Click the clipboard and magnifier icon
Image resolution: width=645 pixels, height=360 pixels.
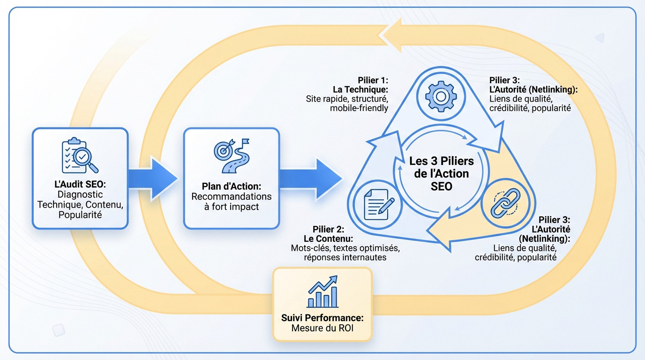pyautogui.click(x=80, y=155)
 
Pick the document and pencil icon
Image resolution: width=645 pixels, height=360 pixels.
pyautogui.click(x=378, y=204)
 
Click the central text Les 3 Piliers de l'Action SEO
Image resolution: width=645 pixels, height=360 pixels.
pyautogui.click(x=442, y=173)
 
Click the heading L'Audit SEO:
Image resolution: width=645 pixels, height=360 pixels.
pyautogui.click(x=80, y=184)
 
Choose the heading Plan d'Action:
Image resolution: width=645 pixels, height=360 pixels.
pyautogui.click(x=231, y=186)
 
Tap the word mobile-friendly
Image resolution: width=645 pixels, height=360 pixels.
pyautogui.click(x=359, y=108)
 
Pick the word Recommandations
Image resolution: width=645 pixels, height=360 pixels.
pyautogui.click(x=231, y=196)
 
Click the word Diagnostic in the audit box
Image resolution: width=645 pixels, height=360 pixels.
pyautogui.click(x=80, y=195)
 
